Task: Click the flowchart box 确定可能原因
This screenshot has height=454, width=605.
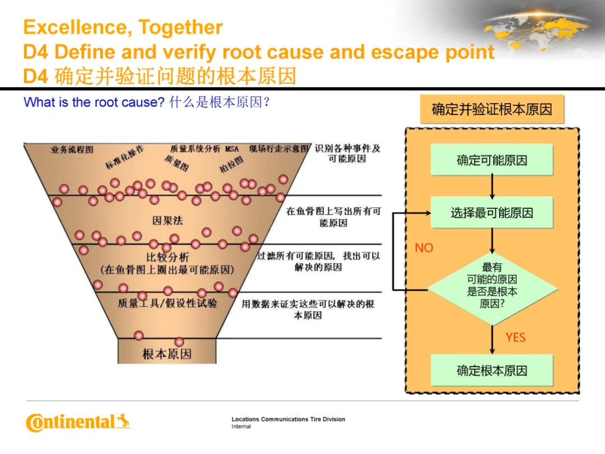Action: tap(492, 160)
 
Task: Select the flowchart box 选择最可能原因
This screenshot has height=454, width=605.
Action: tap(492, 213)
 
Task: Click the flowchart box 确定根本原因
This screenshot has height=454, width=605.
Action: tap(492, 370)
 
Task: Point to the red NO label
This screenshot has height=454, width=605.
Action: tap(424, 247)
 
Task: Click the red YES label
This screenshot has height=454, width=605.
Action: tap(515, 337)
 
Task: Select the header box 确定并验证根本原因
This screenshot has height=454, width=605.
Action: tap(492, 109)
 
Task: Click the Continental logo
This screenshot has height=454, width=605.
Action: tap(78, 422)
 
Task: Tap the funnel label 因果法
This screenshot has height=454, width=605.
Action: tap(167, 221)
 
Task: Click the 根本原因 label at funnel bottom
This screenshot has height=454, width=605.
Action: tap(167, 354)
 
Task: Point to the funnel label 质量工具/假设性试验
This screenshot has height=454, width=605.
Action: tap(167, 303)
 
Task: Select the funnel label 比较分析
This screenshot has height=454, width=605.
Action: tap(167, 258)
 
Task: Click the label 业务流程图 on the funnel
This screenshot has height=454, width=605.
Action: tap(72, 150)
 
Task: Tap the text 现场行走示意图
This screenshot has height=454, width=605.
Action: tap(279, 149)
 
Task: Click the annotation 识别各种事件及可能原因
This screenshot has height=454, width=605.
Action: tap(347, 154)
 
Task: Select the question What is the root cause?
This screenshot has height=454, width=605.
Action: tap(94, 103)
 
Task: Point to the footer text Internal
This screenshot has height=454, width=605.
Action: tap(241, 427)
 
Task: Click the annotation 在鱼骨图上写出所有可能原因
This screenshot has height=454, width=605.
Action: tap(333, 217)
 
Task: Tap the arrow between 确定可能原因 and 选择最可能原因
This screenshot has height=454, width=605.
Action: tap(492, 186)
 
